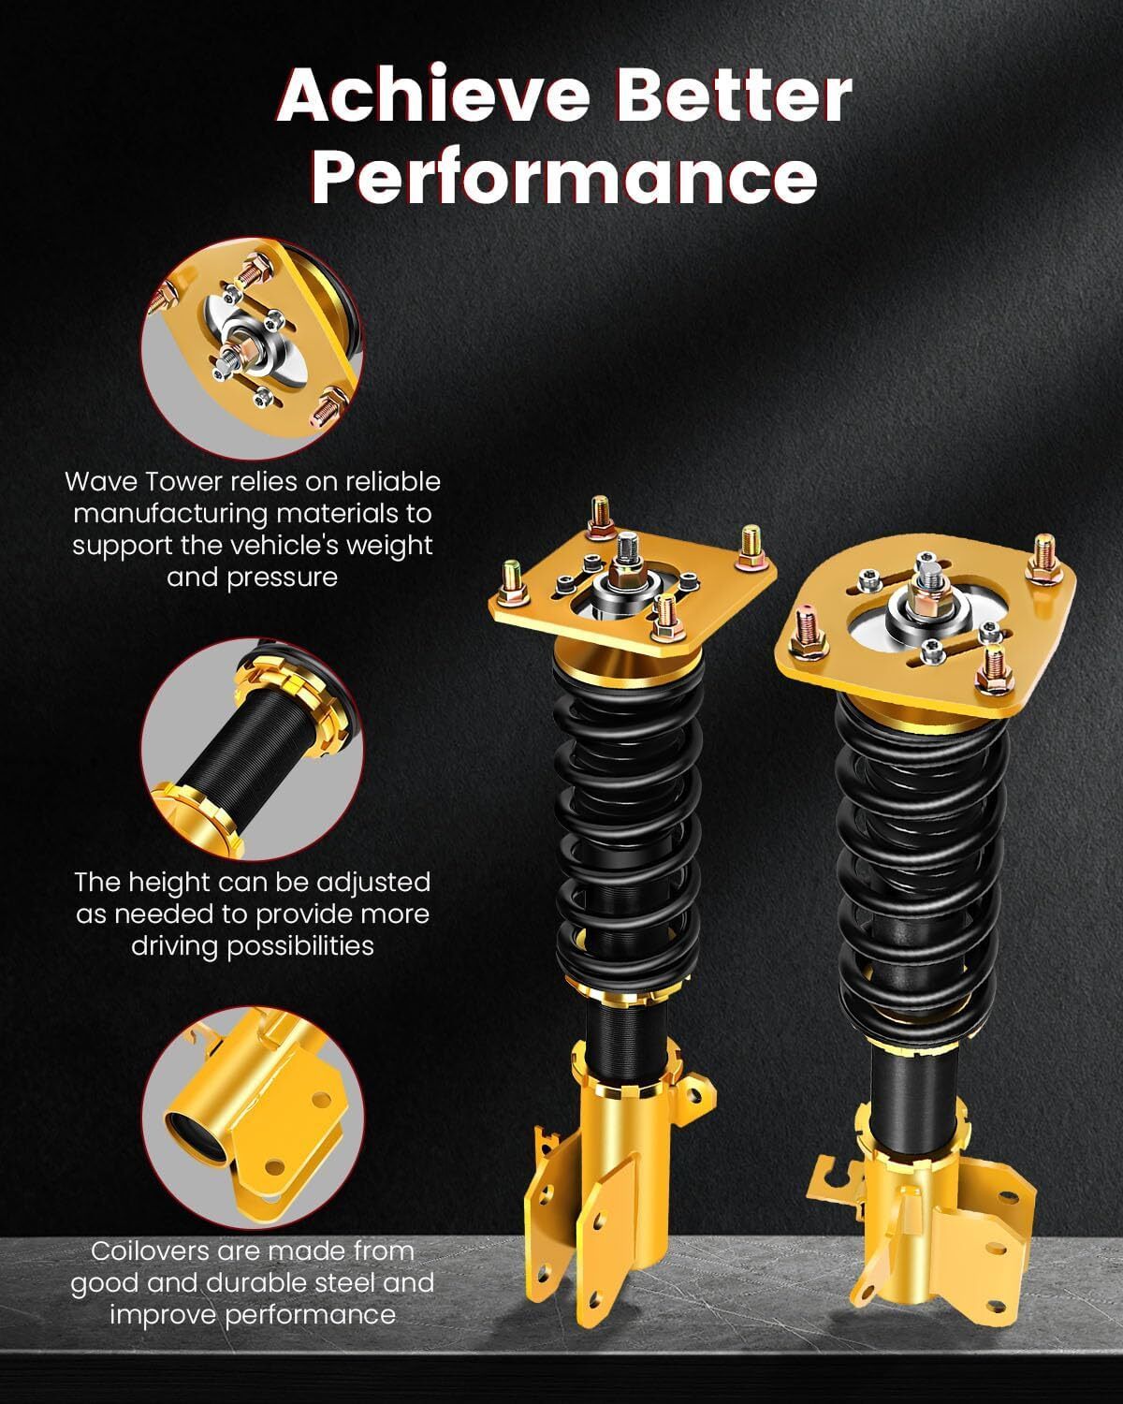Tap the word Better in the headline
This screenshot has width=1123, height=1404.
tap(734, 95)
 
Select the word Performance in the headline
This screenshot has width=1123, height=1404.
tap(564, 176)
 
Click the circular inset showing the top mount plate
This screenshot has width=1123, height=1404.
tap(253, 348)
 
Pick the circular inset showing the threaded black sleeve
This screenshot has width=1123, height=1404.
tap(253, 750)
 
